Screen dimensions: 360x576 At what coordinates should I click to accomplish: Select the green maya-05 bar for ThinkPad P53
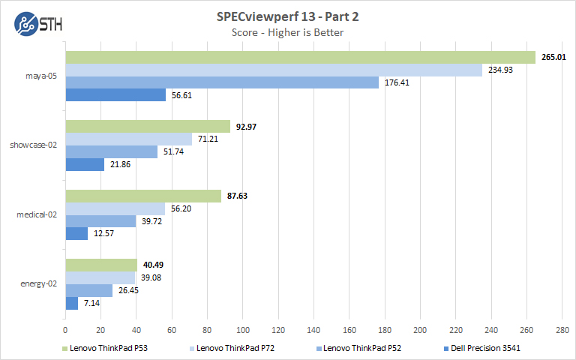[300, 58]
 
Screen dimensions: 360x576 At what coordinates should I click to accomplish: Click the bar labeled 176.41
[222, 82]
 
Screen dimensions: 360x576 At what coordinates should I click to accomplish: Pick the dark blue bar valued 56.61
[115, 94]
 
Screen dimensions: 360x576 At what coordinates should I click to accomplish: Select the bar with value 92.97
[148, 127]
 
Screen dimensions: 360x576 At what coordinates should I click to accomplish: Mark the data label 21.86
[121, 163]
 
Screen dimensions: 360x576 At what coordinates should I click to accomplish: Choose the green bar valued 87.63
[143, 196]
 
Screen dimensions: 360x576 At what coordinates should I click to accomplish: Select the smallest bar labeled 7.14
[72, 303]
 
